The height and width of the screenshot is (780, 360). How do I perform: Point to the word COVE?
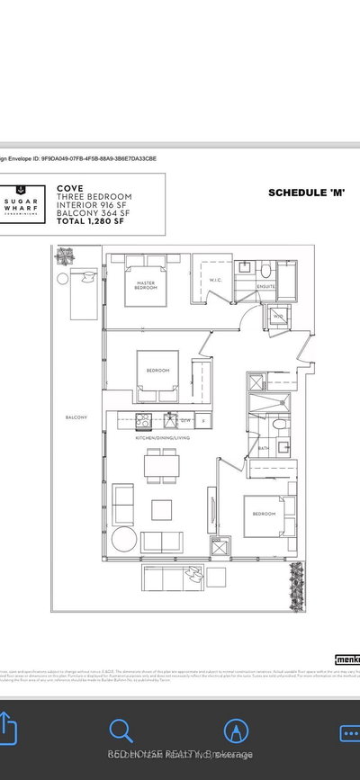(70, 189)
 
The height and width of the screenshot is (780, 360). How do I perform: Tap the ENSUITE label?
(264, 288)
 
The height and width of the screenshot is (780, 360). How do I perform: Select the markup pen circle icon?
(237, 731)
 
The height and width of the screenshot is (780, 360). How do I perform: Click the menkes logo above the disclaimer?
(346, 659)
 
